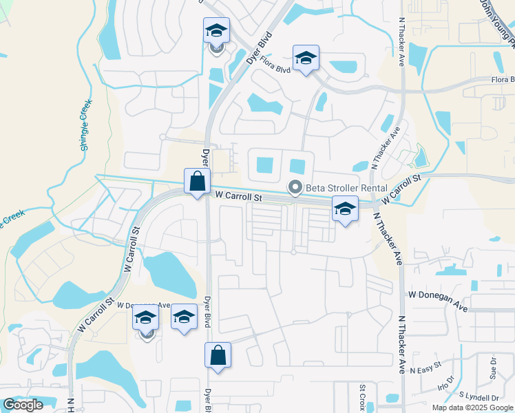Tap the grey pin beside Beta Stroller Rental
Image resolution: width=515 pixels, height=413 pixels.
(296, 187)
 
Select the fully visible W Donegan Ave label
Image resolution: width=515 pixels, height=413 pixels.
(438, 295)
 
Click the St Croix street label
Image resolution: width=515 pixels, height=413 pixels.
(361, 397)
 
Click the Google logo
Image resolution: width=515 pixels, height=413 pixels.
(23, 405)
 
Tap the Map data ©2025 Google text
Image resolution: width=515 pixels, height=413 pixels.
(472, 407)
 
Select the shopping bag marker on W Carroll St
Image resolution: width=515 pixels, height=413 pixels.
(197, 182)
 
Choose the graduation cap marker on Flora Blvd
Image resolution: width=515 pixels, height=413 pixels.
(306, 58)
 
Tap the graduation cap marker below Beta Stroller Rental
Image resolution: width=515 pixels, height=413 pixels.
(345, 209)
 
